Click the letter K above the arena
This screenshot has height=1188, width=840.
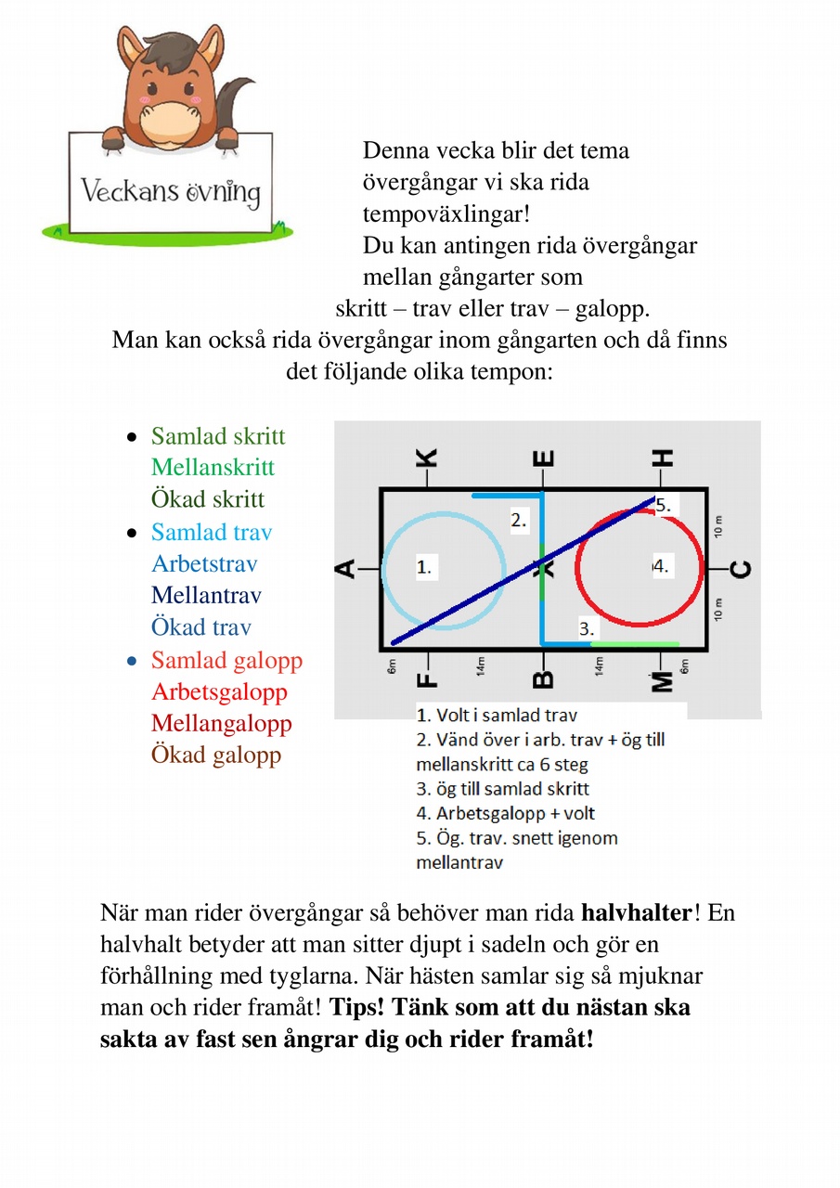pos(425,458)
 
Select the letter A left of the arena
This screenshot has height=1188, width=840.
pos(346,568)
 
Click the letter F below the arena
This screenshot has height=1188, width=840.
pos(426,679)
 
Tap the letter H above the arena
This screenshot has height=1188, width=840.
pos(663,458)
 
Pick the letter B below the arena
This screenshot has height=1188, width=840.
pos(544,679)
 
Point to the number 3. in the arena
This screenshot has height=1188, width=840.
pos(586,628)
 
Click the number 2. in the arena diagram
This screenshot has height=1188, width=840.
pos(520,521)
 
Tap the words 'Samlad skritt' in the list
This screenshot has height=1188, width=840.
pos(218,436)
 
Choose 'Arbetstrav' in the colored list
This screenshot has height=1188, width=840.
pos(204,563)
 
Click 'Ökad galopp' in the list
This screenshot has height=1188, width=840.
pos(216,755)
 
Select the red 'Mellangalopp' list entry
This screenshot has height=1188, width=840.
pos(221,723)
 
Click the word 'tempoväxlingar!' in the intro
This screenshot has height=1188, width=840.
pos(446,213)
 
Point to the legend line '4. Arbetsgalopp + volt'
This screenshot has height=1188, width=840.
pos(506,813)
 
